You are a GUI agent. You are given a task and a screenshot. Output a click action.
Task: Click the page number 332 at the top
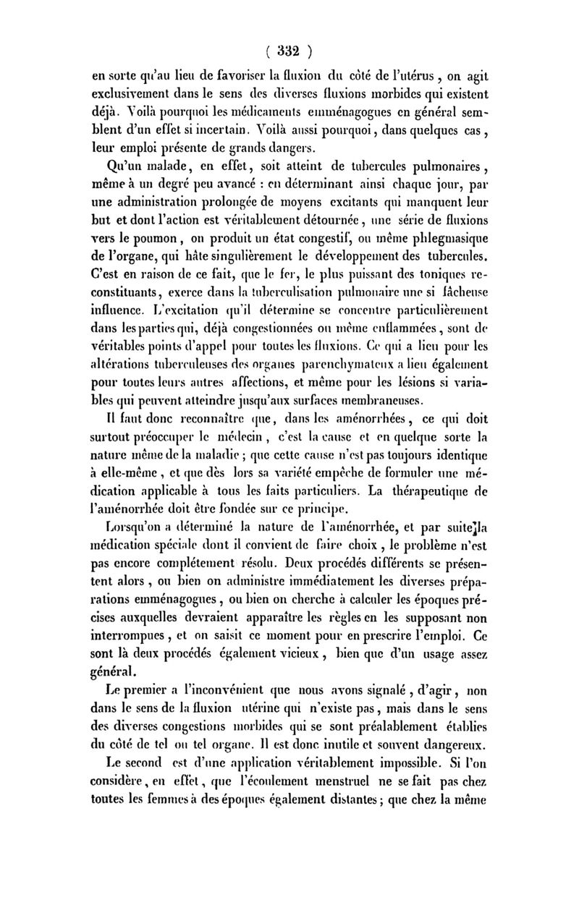click(x=289, y=51)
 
